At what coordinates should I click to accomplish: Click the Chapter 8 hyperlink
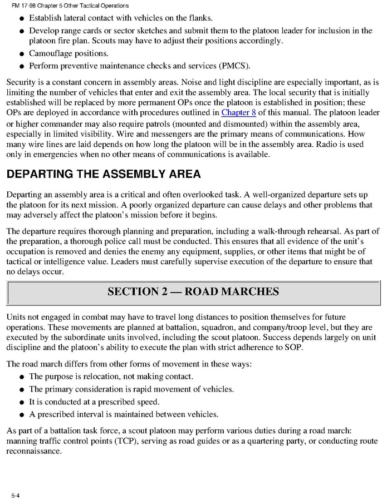coord(239,112)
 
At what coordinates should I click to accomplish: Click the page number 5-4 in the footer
coord(14,494)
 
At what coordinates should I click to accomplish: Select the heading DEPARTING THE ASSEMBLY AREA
coord(103,174)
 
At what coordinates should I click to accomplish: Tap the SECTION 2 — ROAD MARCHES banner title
coord(193,291)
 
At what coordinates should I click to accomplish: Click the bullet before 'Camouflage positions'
coord(21,54)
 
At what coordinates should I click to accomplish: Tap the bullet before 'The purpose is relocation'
coord(21,377)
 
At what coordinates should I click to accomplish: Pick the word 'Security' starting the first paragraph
coord(21,82)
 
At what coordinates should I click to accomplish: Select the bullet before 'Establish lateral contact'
coord(21,18)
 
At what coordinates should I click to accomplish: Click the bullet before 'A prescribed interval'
coord(21,414)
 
